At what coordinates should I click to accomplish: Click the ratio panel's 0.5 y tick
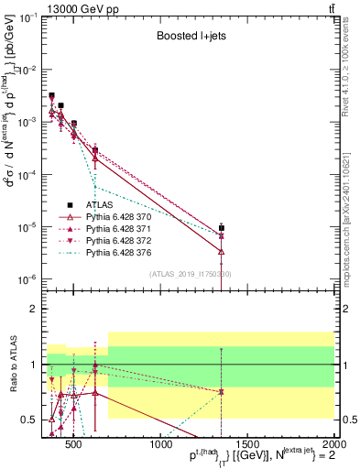[34, 420]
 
